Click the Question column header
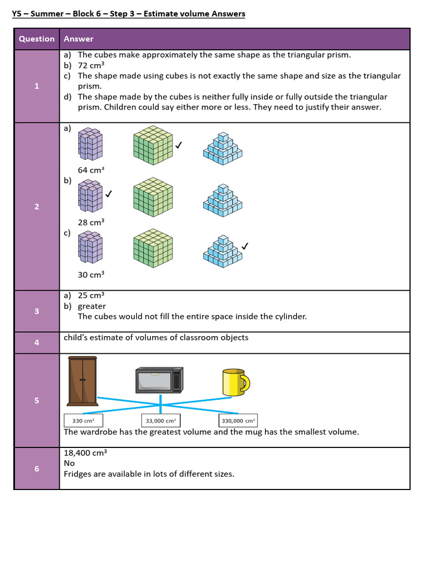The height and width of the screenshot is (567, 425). pos(37,39)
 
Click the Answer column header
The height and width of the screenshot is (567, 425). pos(79,39)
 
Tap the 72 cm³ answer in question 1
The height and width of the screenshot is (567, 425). pos(91,65)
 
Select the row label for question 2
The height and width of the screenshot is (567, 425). pos(37,207)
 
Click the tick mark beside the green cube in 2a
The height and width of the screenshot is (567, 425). pos(179,146)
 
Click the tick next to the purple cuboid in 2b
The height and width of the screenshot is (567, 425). pos(109,194)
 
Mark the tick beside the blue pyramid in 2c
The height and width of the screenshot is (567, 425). pos(245,245)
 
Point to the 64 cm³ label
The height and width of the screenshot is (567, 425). pos(91,170)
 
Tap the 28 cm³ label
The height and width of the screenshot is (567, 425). pos(91,222)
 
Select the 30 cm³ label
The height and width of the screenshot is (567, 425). pos(91,274)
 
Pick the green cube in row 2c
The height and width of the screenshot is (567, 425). pos(153,246)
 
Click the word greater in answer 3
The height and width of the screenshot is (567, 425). pos(92,306)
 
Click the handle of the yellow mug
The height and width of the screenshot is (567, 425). pos(245,382)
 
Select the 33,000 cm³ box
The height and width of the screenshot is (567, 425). pos(160,421)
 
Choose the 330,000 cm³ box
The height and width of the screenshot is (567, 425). pos(238,421)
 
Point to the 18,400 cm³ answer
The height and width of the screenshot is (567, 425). pos(85,452)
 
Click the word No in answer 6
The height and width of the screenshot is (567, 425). pos(69,463)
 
